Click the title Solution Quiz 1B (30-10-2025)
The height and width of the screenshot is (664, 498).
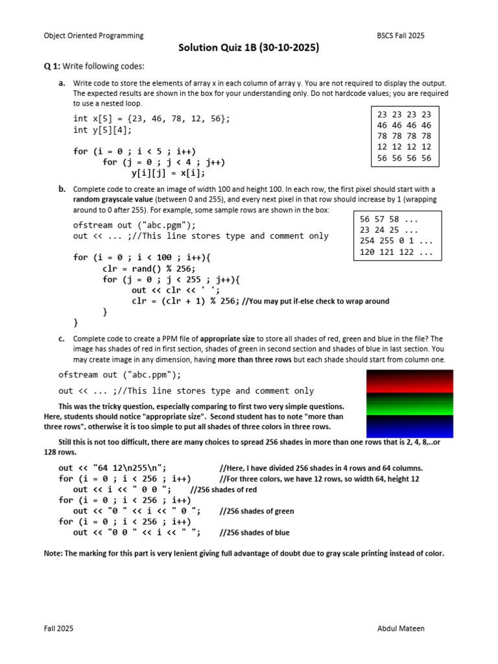pos(249,48)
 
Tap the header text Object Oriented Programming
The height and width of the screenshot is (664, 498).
pos(93,36)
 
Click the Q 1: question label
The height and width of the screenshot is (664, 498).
pos(54,67)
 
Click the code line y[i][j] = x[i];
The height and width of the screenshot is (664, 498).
pos(168,173)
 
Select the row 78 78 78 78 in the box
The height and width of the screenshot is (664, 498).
pos(403,136)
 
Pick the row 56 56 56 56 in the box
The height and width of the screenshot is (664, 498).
pos(403,158)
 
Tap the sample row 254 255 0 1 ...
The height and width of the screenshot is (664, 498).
pos(395,241)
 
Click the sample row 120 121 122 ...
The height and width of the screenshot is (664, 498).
pos(395,252)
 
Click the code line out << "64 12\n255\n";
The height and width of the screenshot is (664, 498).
pos(112,468)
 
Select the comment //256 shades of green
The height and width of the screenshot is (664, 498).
pos(257,512)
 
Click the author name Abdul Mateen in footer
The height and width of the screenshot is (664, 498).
pos(401,629)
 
